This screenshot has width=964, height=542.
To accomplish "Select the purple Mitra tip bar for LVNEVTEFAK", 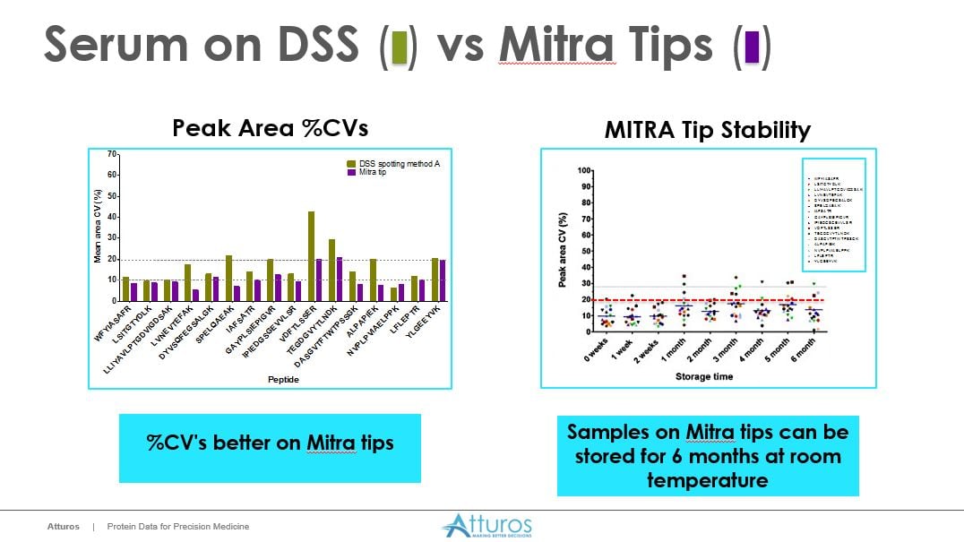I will [x=195, y=295].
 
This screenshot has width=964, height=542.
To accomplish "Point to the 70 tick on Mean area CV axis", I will [x=112, y=155].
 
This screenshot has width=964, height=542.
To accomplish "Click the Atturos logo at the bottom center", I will [x=486, y=525].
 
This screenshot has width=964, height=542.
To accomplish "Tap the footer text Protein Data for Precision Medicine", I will [x=177, y=527].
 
